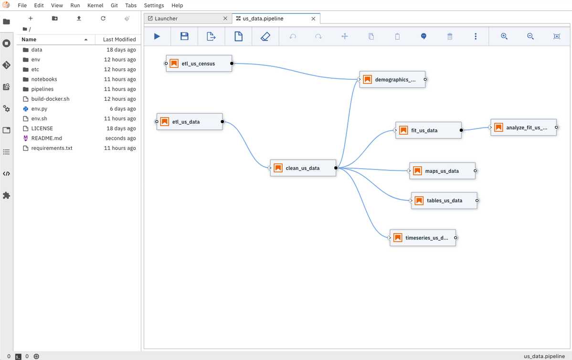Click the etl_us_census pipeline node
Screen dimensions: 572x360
coord(199,64)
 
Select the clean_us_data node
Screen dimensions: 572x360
coord(303,168)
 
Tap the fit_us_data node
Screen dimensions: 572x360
coord(428,130)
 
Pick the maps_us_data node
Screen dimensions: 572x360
coord(442,171)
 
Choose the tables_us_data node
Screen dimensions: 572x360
coord(444,201)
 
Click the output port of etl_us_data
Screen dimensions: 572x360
coord(222,121)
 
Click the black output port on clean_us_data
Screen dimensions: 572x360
coord(336,168)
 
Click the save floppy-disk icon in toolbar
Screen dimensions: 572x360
coord(185,36)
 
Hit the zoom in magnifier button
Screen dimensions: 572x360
coord(504,36)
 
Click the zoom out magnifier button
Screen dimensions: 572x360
coord(530,36)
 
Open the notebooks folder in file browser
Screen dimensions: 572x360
coord(44,79)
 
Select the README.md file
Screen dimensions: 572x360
coord(47,138)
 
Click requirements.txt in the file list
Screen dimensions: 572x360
coord(52,148)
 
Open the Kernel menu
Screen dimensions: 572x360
coord(95,5)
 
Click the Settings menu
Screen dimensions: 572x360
coord(154,5)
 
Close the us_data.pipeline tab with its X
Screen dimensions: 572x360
coord(313,19)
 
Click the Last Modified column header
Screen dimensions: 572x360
coord(119,40)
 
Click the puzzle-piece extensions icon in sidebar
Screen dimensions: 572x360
coord(7,195)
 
